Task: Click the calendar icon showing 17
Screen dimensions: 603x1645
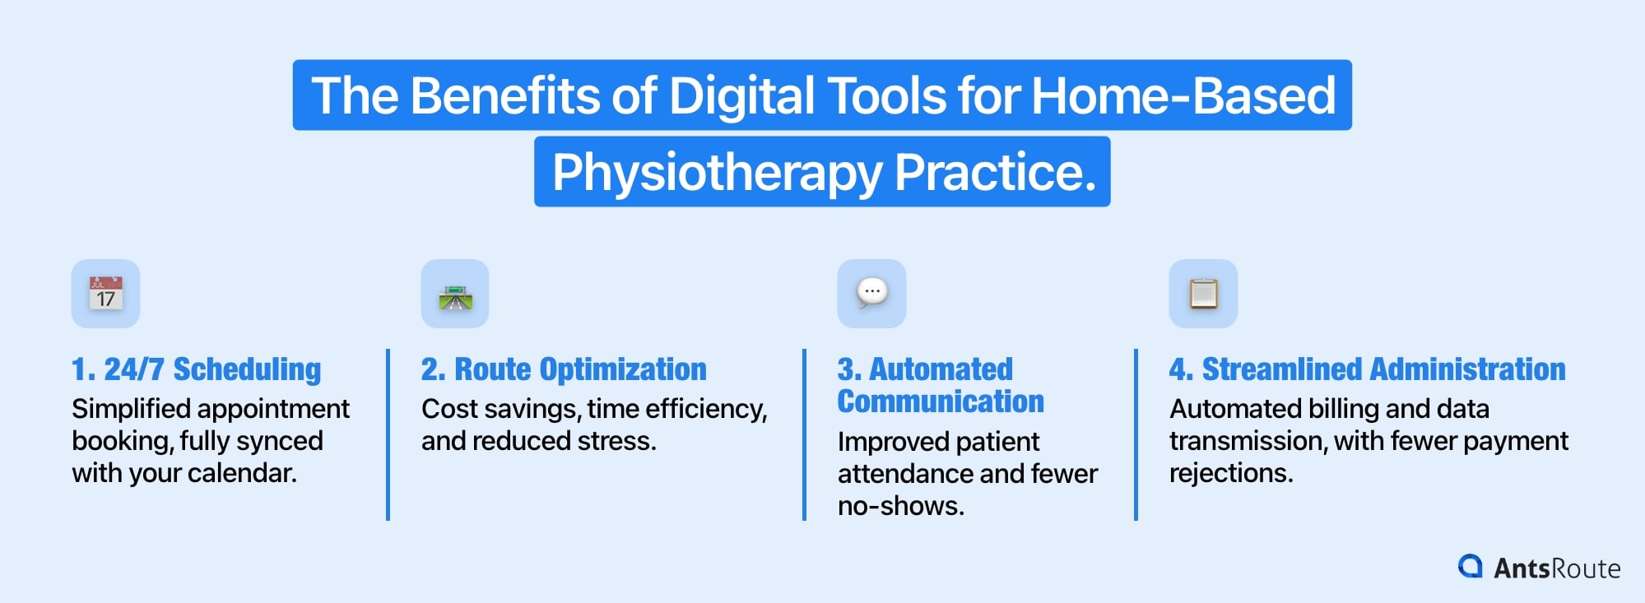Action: tap(105, 294)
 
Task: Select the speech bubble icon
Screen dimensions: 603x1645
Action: tap(871, 293)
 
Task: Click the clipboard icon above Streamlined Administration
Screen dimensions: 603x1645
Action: tap(1203, 294)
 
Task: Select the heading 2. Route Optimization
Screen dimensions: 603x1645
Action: tap(564, 369)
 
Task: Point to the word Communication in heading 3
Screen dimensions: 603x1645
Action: tap(941, 401)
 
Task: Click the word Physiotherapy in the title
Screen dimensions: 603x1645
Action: tap(717, 173)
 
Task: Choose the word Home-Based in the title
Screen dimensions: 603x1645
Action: tap(1183, 96)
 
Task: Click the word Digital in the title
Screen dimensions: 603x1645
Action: tap(742, 96)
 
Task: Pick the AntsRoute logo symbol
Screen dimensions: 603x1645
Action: tap(1470, 567)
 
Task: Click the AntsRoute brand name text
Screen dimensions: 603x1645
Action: tap(1557, 568)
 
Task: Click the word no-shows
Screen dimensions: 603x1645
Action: tap(900, 506)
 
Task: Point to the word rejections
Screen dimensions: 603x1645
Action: tap(1231, 473)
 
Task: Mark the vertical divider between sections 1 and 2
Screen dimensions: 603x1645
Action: tap(388, 434)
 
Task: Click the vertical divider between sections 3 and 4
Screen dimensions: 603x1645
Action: tap(1136, 434)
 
